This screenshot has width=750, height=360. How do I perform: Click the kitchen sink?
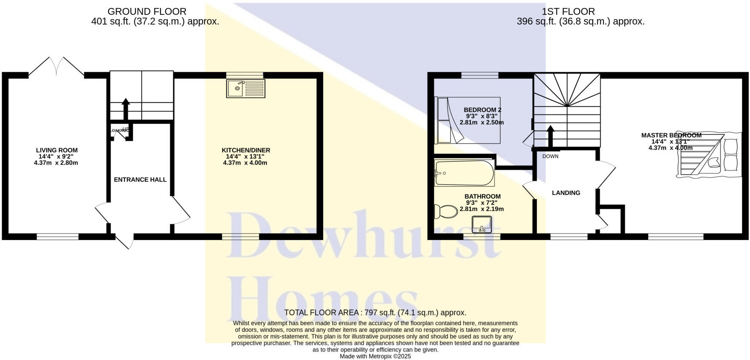tap(246, 89)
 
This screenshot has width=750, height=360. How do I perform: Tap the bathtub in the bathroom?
tap(464, 173)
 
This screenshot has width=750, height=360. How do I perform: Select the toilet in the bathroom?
tap(445, 211)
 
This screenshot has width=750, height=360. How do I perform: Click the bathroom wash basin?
tap(482, 224)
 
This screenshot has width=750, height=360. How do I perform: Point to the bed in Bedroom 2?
tap(467, 120)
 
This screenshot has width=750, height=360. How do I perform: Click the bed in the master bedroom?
tap(709, 155)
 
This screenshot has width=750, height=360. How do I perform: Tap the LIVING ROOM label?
tap(57, 150)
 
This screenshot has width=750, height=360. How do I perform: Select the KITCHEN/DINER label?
tap(246, 150)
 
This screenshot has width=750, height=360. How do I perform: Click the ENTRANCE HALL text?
tap(140, 180)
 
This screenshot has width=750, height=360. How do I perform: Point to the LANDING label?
tap(566, 193)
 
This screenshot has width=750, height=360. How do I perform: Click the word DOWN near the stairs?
tap(550, 156)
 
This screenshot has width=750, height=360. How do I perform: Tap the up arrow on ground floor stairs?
tap(126, 109)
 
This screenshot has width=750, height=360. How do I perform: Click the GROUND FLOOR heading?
tap(146, 11)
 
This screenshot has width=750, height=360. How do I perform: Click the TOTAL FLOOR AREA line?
tap(375, 312)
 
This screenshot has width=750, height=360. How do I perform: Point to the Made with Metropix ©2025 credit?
tap(375, 356)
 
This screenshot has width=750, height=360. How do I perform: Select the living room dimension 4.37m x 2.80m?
tap(56, 163)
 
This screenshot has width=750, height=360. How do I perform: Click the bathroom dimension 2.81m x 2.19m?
tap(481, 209)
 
